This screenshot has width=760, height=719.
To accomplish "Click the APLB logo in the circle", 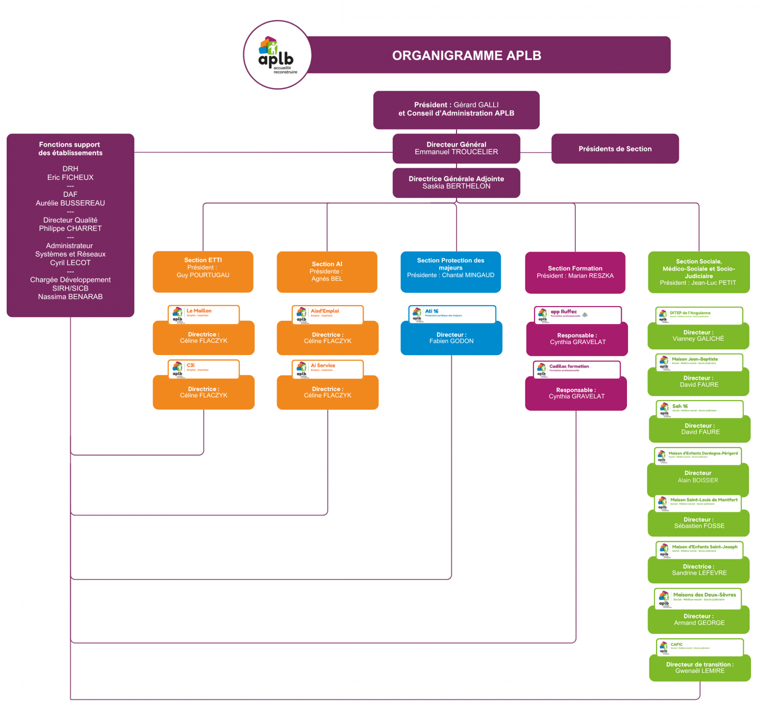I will coord(277,55).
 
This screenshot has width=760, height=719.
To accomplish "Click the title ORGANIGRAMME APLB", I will coord(466,56).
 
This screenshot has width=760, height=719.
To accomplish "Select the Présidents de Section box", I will coord(615,149).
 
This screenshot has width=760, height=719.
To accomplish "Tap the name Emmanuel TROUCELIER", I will coord(456,152).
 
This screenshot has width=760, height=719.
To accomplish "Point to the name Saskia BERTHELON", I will coord(456,186).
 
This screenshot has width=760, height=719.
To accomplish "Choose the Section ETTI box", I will coord(203,271).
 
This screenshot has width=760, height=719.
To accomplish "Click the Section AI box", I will coord(327,271).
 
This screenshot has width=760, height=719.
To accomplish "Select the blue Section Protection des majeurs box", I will coord(450,271).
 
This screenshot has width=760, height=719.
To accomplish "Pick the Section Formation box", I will coord(575,272).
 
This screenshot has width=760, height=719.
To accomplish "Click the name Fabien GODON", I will coord(451,341).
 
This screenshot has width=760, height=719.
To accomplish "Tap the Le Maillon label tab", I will coord(203,314).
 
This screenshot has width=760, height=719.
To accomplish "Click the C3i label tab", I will coord(203,368).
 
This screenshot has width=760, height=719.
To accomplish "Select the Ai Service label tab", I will coord(327,368).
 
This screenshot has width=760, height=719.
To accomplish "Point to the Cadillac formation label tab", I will coord(577,369).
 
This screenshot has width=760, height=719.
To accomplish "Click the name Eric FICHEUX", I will coord(70,177).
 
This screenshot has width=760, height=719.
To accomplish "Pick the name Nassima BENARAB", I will coord(70,297).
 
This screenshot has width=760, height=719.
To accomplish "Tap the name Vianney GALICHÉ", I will coord(698,339).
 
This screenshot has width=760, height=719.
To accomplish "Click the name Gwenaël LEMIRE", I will coord(700,671).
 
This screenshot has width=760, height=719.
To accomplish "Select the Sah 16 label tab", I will coord(700,409).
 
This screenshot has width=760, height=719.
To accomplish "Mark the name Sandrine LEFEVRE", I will coord(699,573).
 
